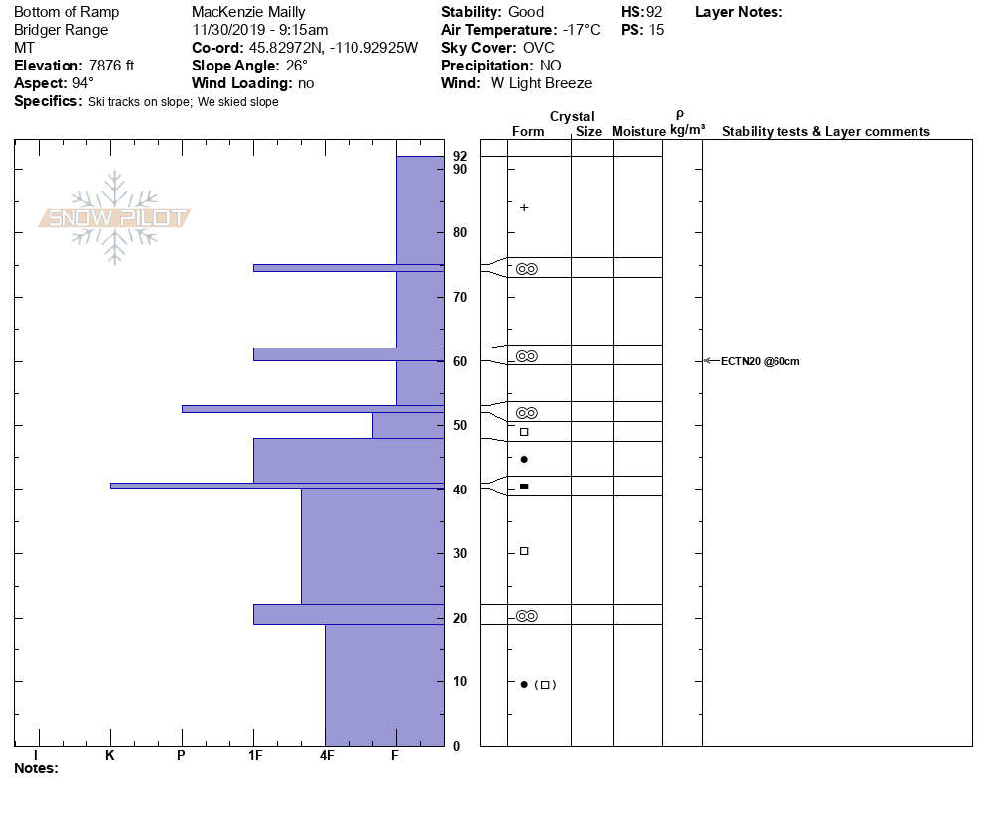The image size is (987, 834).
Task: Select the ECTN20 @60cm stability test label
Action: click(x=760, y=361)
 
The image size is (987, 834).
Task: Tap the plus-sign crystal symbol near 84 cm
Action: click(x=524, y=208)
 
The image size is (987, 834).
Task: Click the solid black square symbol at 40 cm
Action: click(x=524, y=486)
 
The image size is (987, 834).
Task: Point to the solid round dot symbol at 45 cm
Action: click(x=524, y=459)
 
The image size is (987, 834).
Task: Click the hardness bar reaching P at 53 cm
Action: click(x=312, y=408)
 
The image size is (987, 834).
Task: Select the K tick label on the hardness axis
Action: click(x=110, y=756)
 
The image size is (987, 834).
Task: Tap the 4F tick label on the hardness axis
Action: click(x=327, y=756)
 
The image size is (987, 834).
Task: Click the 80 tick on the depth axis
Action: click(x=460, y=233)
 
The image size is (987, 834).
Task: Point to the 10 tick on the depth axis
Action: click(x=460, y=681)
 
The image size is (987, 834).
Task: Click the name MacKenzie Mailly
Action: click(x=248, y=12)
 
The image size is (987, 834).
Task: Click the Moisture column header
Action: click(x=638, y=132)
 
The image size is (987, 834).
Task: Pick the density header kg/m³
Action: click(x=687, y=130)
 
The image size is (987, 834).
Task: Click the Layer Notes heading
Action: click(x=739, y=12)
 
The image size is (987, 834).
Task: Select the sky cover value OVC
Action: click(x=539, y=48)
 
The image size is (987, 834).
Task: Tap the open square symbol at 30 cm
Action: click(x=524, y=551)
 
